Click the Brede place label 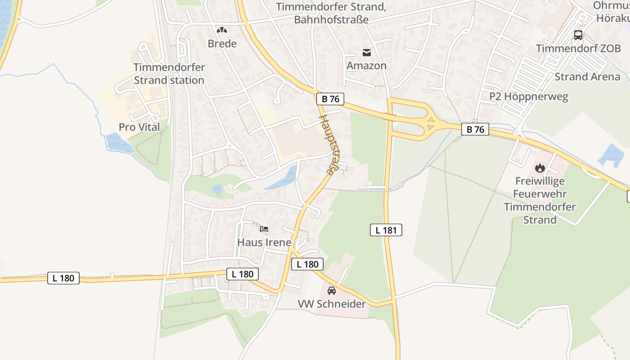coord(222,44)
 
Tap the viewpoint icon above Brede coord(221,30)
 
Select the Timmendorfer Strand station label coord(169,74)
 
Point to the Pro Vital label coord(139,127)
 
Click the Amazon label coord(366,66)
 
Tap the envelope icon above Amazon coord(367,53)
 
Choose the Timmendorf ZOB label coord(578,49)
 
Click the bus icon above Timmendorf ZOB coord(578,35)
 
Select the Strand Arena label coord(587,77)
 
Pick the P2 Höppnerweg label coord(529,97)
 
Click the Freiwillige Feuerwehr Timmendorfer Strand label coord(540,200)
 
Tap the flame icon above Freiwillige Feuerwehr coord(540,168)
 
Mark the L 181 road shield coord(386,230)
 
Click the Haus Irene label coord(264,243)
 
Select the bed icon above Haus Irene coord(264,229)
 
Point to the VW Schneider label coord(332,304)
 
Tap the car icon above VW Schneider coord(332,291)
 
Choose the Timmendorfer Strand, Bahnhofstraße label coord(331,13)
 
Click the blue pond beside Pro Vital coord(118,143)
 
